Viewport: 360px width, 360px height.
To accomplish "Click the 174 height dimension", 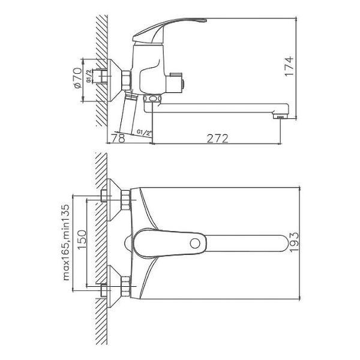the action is [x=289, y=67].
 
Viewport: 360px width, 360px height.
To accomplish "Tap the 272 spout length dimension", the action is [x=217, y=139].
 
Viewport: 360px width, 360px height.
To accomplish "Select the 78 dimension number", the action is [x=118, y=138].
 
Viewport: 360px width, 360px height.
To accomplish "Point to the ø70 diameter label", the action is [x=77, y=77].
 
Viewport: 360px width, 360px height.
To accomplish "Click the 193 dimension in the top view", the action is [x=294, y=242].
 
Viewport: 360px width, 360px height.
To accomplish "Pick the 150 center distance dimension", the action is [x=82, y=239].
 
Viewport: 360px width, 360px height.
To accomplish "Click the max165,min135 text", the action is [x=66, y=242].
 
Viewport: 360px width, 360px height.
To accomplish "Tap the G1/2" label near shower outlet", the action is [x=145, y=133].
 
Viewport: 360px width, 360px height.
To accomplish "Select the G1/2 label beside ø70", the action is [x=89, y=76].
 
